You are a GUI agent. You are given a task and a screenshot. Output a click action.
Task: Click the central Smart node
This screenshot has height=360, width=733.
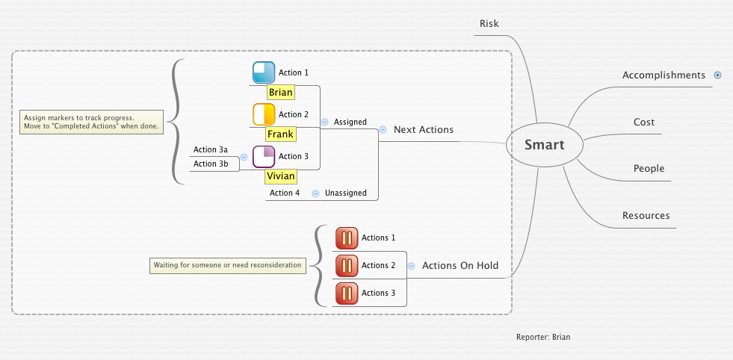coord(544,145)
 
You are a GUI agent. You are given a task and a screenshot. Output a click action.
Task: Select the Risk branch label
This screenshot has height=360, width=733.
coord(489,24)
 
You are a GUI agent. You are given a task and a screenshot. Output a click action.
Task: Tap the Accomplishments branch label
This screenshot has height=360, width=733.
coord(664,75)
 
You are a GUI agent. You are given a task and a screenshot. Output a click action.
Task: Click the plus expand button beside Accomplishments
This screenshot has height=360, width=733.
coord(718,75)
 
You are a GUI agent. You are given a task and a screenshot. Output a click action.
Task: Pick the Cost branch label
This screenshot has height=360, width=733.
coord(643,122)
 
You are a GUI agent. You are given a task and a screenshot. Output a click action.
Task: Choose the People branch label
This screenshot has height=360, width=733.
coord(649,169)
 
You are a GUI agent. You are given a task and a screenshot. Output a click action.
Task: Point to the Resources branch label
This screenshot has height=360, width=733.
coord(646,216)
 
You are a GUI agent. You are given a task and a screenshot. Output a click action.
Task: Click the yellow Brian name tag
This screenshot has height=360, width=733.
coord(281,93)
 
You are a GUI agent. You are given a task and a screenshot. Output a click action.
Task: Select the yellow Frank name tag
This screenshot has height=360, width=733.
coord(280,134)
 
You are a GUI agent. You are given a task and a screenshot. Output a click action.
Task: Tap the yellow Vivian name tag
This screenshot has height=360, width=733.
coord(281,177)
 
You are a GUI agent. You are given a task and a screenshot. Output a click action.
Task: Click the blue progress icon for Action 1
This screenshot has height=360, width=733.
coord(264,72)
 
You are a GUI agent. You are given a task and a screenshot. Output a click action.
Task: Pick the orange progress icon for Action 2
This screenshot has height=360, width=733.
coord(264,114)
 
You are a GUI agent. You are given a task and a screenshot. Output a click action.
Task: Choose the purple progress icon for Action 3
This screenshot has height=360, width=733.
coord(264,157)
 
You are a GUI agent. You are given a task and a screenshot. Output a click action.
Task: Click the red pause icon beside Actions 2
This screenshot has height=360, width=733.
coord(347,265)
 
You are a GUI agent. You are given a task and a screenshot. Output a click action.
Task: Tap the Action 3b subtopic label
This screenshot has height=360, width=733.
coord(211,164)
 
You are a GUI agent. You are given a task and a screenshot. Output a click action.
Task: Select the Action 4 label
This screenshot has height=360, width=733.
coord(285,193)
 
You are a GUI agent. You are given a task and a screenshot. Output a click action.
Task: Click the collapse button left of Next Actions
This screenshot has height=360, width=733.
coord(383,129)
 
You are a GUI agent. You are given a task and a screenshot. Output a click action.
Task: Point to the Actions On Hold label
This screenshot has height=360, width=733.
coord(460,266)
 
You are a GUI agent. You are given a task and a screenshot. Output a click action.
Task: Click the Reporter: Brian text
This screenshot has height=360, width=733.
coord(543,338)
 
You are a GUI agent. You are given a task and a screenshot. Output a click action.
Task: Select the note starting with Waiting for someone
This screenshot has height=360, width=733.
coord(227,265)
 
